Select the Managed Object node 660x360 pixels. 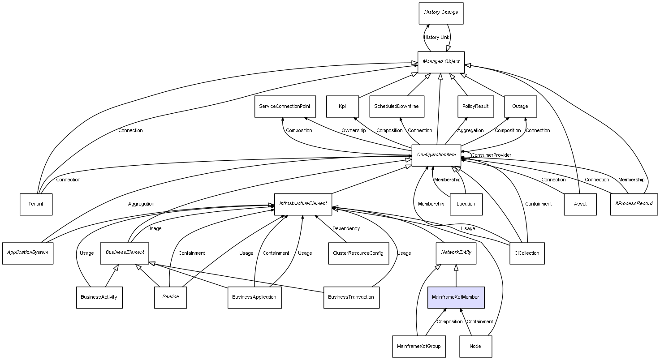click(441, 62)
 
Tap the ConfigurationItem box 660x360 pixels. click(436, 155)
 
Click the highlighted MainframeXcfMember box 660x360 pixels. click(456, 297)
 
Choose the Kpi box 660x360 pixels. click(342, 107)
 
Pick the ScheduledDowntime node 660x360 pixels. click(397, 107)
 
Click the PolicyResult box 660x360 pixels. click(475, 107)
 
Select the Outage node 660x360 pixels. click(520, 107)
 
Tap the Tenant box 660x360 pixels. click(36, 204)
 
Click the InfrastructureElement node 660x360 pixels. click(303, 204)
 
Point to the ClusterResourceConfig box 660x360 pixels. click(358, 253)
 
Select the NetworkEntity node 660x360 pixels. click(456, 253)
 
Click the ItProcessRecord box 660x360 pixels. click(634, 204)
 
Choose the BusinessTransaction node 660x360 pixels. click(351, 297)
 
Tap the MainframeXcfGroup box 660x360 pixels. click(419, 347)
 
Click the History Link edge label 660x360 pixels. click(436, 38)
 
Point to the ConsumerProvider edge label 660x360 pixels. click(491, 155)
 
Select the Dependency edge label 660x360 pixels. click(346, 229)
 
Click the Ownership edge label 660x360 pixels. click(354, 131)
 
